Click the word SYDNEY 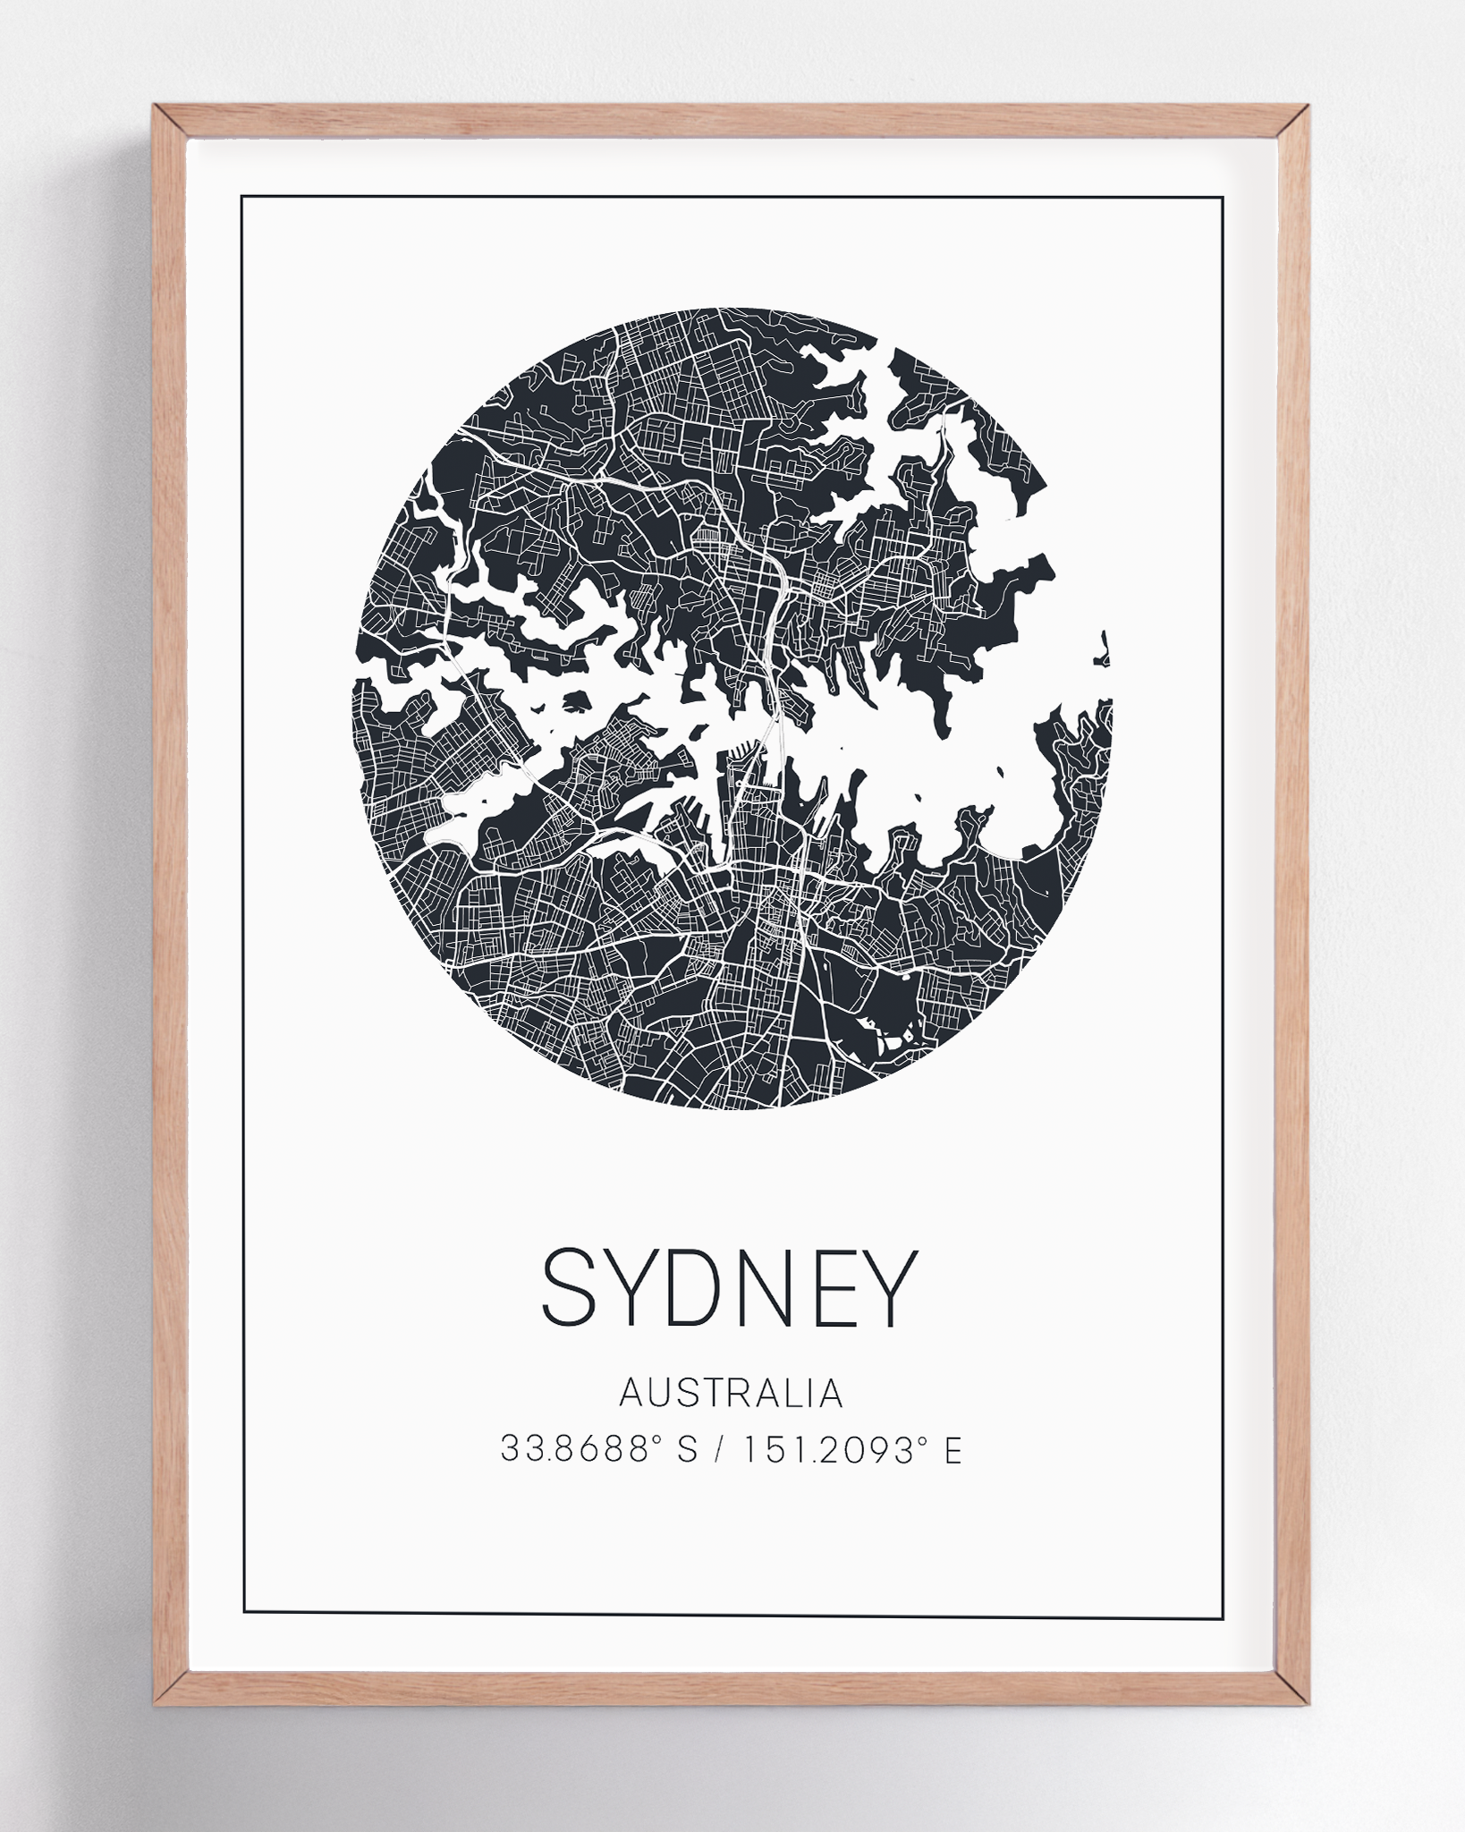click(730, 1287)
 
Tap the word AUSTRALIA click(731, 1394)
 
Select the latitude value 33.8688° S click(598, 1449)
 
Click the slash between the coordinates click(719, 1449)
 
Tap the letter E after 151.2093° click(952, 1449)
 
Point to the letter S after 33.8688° click(686, 1449)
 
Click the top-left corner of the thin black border click(241, 196)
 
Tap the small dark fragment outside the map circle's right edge click(1105, 649)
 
